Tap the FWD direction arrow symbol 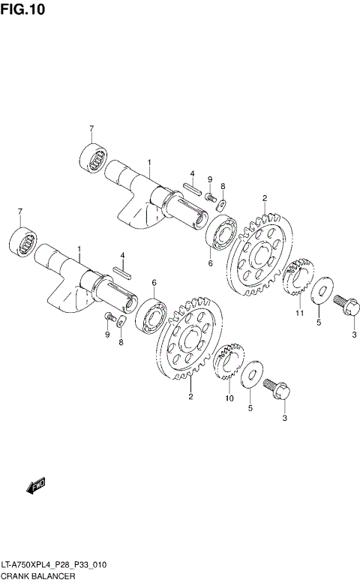tap(36, 485)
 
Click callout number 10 tap(229, 398)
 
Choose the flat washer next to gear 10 tap(253, 376)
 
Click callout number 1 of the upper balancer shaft tap(148, 163)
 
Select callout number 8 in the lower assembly tap(120, 342)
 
